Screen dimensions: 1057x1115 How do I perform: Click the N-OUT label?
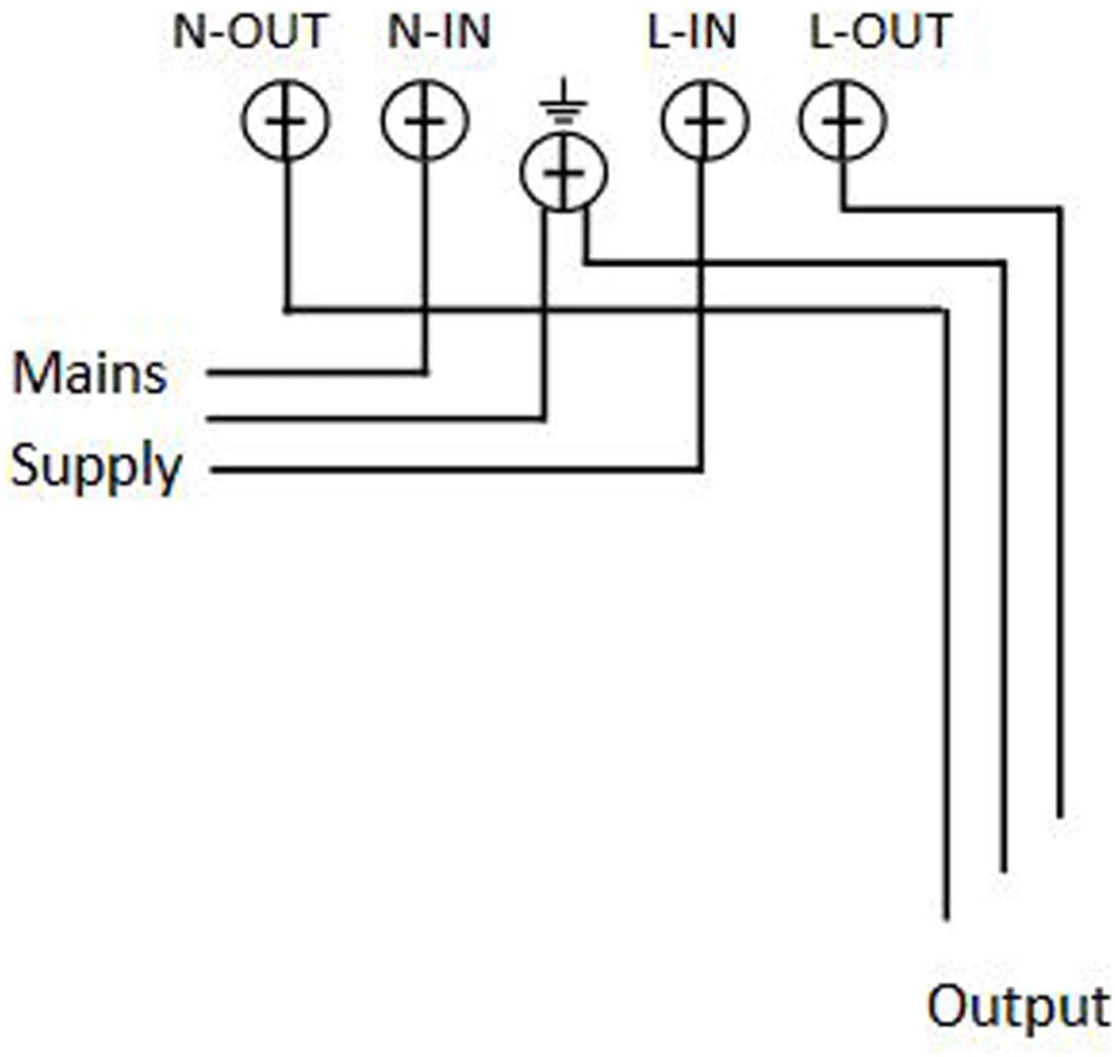coord(250,32)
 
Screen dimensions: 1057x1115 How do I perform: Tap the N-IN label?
coord(439,32)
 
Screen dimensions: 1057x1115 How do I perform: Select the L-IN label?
coord(692,32)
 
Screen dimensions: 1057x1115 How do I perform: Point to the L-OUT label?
coord(880,32)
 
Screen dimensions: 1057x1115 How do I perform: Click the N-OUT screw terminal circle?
coord(286,120)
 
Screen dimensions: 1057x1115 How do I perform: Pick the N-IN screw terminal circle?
coord(425,120)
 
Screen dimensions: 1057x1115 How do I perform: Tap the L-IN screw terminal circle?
coord(704,120)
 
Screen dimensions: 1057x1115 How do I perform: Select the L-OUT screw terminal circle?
coord(842,120)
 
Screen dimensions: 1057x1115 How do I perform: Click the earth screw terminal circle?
coord(564,172)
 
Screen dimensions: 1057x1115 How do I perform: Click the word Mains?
coord(90,374)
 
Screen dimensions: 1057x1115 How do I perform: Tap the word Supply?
coord(96,468)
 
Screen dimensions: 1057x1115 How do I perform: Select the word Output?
coord(1018,1008)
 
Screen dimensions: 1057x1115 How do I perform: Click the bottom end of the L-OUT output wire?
coord(1059,817)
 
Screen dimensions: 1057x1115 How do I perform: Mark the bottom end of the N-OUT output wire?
coord(946,919)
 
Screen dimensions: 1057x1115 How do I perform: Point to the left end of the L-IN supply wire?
coord(213,469)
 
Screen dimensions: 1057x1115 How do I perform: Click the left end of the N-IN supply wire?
coord(208,373)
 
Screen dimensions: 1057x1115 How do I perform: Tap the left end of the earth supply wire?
coord(208,419)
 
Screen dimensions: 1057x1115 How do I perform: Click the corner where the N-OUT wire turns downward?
coord(946,310)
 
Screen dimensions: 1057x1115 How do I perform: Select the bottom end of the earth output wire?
coord(1003,870)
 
